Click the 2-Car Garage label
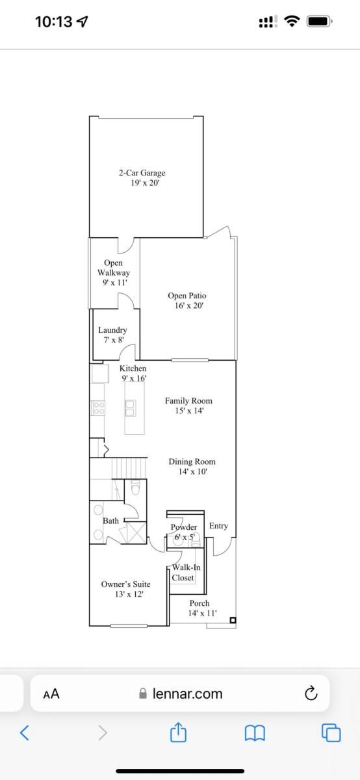(x=142, y=173)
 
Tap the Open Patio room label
(x=187, y=296)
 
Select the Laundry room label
(x=112, y=330)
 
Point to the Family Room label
(x=188, y=401)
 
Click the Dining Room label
(x=192, y=461)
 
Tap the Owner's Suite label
(x=125, y=584)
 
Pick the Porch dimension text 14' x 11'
(x=202, y=613)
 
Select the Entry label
(x=218, y=526)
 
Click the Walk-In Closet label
(x=186, y=573)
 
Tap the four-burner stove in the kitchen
(x=98, y=408)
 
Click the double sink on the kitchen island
(x=131, y=408)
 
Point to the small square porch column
(x=233, y=620)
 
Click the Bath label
(x=110, y=521)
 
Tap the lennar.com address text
(x=187, y=694)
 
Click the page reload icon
(x=311, y=694)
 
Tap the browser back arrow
(x=25, y=733)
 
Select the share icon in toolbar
(x=178, y=732)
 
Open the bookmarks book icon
(x=255, y=733)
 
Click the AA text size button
(x=51, y=694)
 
